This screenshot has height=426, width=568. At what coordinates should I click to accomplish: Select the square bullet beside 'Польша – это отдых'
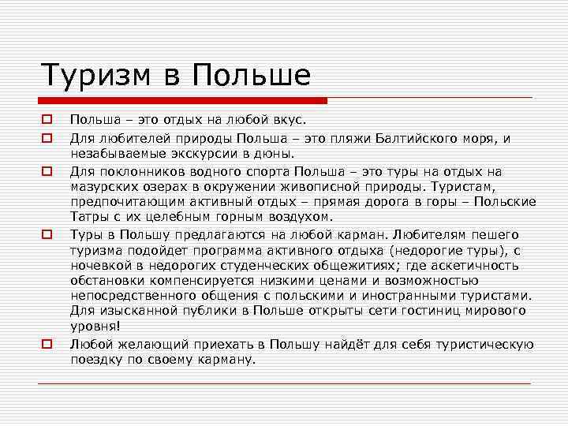click(x=47, y=121)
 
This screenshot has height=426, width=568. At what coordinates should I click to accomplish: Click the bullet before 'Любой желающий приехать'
click(x=47, y=345)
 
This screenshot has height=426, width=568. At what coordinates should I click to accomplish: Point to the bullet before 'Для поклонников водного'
click(x=47, y=170)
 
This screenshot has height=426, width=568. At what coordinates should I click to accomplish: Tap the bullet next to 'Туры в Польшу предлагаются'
click(x=47, y=234)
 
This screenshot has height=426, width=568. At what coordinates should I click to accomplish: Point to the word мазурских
click(x=103, y=186)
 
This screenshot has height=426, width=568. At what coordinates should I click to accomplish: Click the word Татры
click(x=88, y=217)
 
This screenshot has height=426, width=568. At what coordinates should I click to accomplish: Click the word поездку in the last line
click(x=97, y=360)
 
